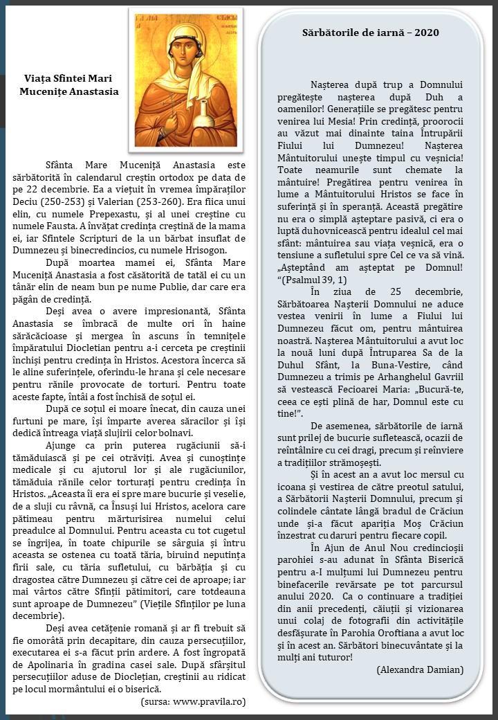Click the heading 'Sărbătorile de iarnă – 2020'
pyautogui.click(x=370, y=33)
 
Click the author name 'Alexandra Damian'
pyautogui.click(x=420, y=669)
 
